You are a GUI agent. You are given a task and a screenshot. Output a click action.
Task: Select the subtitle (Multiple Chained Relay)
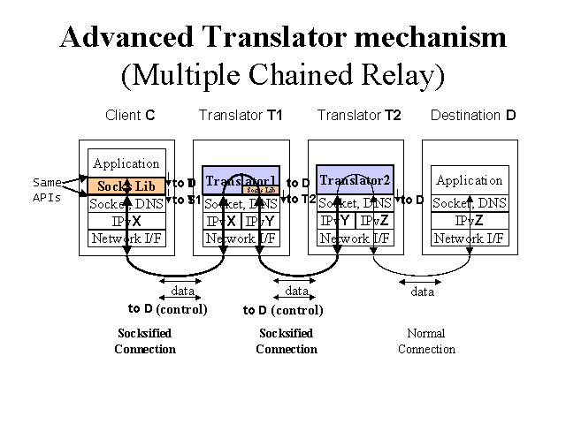282,74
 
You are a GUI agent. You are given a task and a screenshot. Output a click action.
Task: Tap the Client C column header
130,116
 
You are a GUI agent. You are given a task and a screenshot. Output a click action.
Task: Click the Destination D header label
472,116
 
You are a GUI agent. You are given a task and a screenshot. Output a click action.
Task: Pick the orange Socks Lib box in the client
126,186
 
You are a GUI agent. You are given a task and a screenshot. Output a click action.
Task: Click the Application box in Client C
126,163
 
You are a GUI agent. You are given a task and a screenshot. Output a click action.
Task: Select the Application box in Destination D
470,180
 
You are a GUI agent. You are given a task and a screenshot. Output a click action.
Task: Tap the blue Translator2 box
355,180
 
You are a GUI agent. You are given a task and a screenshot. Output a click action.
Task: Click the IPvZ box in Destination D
470,221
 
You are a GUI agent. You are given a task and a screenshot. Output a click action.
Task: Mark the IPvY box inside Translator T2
335,221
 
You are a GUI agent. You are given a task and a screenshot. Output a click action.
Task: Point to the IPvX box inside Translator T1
222,221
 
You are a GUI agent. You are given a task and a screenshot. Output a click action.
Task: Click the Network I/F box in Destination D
470,238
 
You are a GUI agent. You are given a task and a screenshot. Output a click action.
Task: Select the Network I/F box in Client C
126,238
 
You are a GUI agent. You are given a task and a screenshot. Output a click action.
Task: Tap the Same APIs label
47,190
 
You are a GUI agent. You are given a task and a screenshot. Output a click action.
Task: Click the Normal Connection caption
426,341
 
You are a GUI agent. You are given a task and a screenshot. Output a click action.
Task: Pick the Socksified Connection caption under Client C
145,341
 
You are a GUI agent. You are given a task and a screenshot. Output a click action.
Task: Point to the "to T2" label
299,199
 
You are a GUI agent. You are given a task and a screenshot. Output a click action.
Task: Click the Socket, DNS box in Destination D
470,203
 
